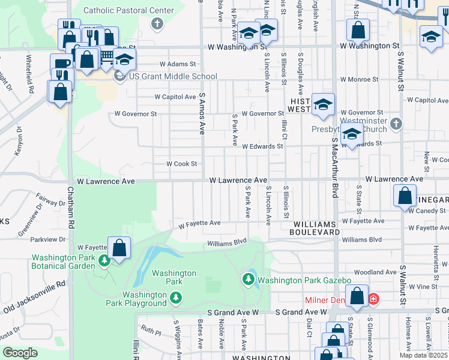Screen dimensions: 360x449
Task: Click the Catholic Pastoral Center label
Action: point(128,10)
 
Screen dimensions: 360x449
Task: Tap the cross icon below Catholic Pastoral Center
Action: point(157,24)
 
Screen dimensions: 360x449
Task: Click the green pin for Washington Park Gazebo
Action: point(248,279)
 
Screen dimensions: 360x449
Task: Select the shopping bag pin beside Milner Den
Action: point(357,296)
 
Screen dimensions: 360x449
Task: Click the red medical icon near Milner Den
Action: point(373,298)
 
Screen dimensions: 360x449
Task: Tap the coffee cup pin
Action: point(60,64)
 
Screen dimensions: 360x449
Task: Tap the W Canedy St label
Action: point(428,211)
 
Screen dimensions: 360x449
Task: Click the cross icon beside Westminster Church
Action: point(395,124)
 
